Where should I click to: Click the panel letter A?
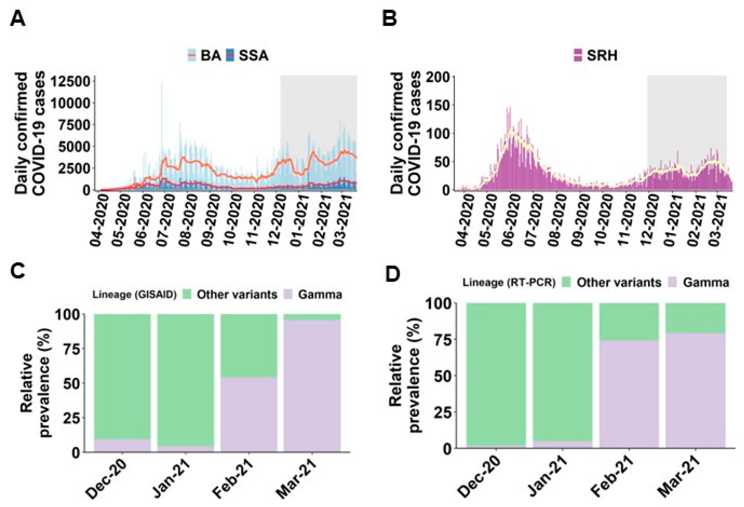pos(18,20)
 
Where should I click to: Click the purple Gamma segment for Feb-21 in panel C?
pos(249,415)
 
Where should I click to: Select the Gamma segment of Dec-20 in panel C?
pos(122,445)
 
